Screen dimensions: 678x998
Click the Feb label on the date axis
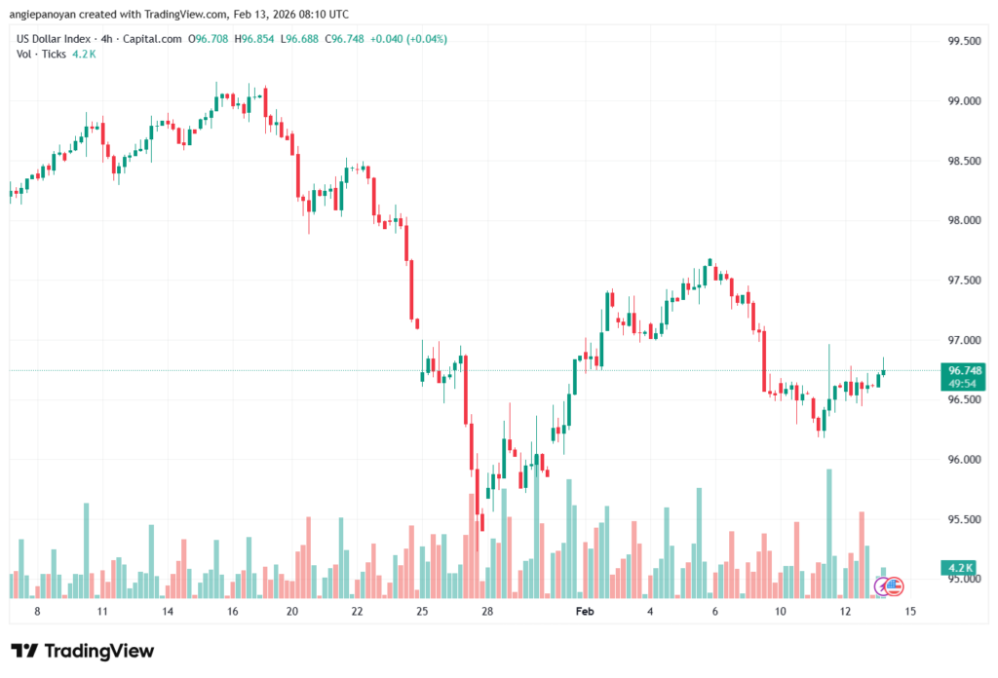(584, 611)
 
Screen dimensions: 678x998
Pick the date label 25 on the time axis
(422, 611)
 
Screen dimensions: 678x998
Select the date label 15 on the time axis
(910, 611)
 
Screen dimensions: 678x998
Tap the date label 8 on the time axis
(37, 611)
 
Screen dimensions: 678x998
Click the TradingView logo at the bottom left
(83, 651)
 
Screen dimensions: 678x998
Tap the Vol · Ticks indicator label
(42, 54)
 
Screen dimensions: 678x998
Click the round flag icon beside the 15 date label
(890, 585)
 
